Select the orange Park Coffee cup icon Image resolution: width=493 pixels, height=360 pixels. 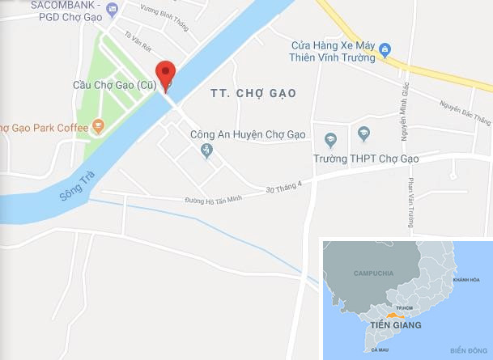pyautogui.click(x=98, y=125)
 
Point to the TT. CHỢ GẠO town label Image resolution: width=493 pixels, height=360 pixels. pyautogui.click(x=254, y=94)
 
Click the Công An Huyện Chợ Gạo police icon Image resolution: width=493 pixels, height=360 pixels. pyautogui.click(x=206, y=150)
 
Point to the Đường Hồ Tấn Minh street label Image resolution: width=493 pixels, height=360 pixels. pyautogui.click(x=214, y=199)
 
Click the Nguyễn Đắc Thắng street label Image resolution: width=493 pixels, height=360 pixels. pyautogui.click(x=465, y=115)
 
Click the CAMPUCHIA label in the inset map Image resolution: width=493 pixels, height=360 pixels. pyautogui.click(x=373, y=273)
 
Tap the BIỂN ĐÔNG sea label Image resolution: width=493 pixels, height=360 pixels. pyautogui.click(x=465, y=349)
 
